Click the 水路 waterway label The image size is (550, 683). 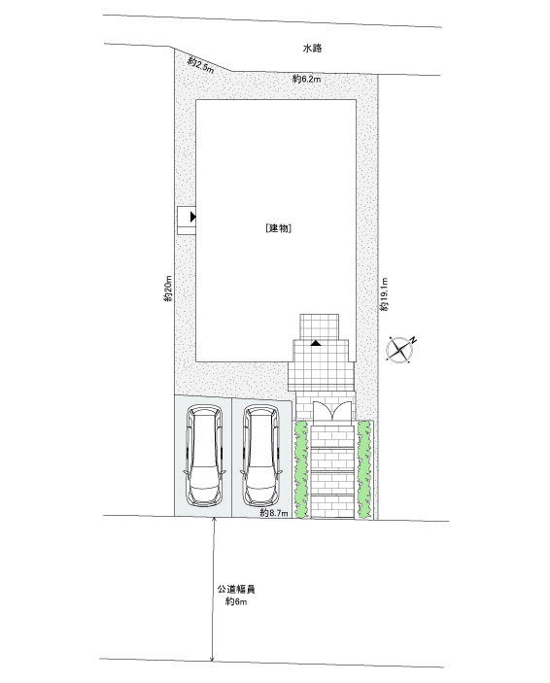coord(312,49)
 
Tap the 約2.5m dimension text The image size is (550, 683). coord(201,65)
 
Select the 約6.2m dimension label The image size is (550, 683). coord(306,79)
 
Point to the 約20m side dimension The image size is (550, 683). coord(168,289)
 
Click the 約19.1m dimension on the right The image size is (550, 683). coord(384,294)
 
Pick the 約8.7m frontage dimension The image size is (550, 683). coord(274,513)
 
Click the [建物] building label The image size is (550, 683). coord(279,227)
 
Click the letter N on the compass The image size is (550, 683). coord(413,340)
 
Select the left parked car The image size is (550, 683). coord(204,456)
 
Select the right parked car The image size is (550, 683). coord(261,456)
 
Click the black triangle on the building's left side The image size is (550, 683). coord(192,217)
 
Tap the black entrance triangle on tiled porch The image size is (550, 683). coord(316,343)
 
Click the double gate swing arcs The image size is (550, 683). coord(332,410)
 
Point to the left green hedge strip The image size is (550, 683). coord(301,469)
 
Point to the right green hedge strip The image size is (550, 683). coord(363,469)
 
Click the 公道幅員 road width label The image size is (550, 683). coord(236,590)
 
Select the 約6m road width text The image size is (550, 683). coord(236,602)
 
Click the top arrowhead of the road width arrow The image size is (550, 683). coord(214,519)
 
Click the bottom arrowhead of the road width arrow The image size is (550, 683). coord(212,659)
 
